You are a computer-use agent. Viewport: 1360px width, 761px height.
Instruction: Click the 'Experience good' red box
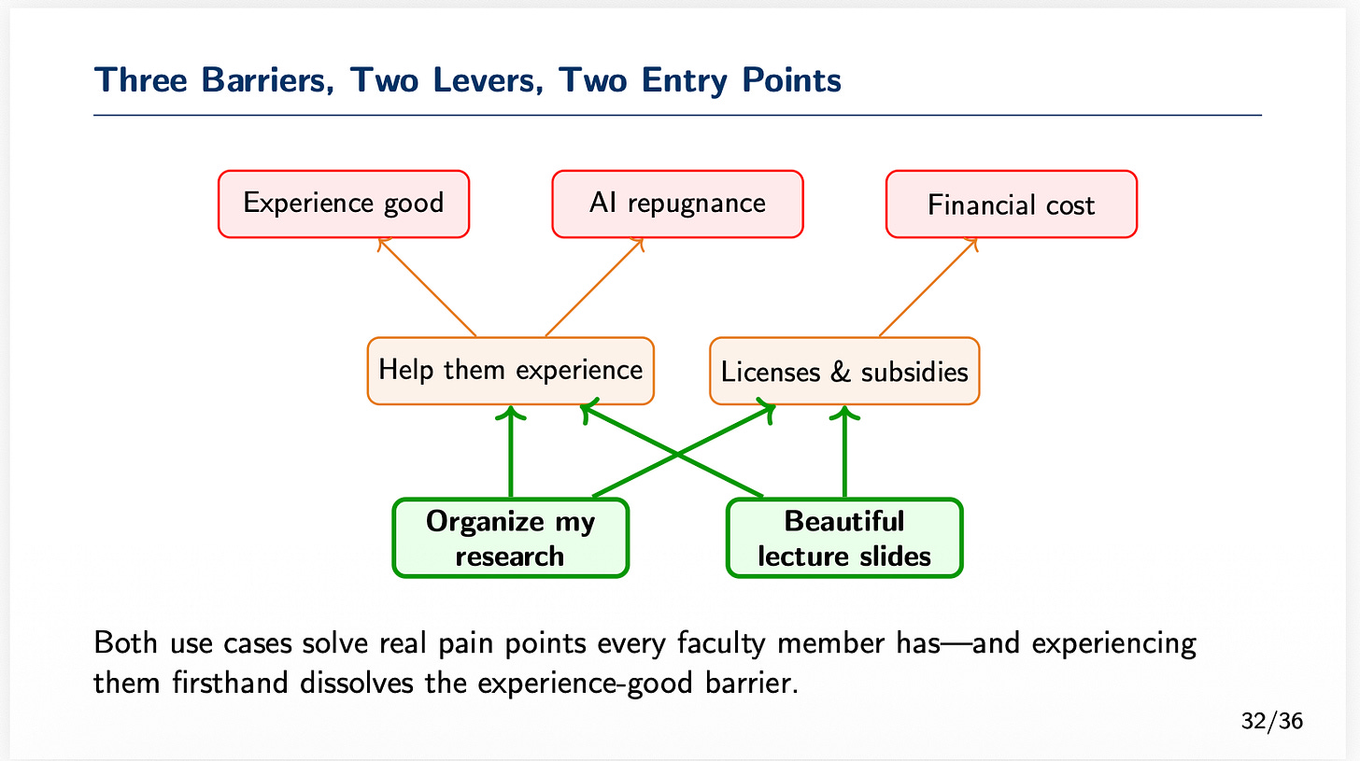[x=343, y=204]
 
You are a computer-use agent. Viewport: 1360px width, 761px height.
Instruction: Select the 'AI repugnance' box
[x=677, y=204]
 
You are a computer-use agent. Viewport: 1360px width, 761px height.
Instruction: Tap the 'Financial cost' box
[x=1011, y=204]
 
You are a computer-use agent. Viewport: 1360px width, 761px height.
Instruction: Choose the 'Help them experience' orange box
[x=510, y=370]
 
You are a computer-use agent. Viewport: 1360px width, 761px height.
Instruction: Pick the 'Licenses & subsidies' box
[x=844, y=372]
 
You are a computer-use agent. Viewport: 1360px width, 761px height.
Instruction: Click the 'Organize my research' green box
[x=510, y=538]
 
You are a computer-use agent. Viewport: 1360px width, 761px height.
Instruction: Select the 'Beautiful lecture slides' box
[x=844, y=538]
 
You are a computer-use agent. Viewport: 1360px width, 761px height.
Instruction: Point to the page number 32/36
[x=1272, y=721]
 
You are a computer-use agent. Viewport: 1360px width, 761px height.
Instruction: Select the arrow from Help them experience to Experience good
[x=428, y=288]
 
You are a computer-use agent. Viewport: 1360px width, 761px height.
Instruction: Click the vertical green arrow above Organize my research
[x=510, y=453]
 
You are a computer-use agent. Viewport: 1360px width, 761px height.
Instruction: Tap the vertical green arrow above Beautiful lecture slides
[x=844, y=453]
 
